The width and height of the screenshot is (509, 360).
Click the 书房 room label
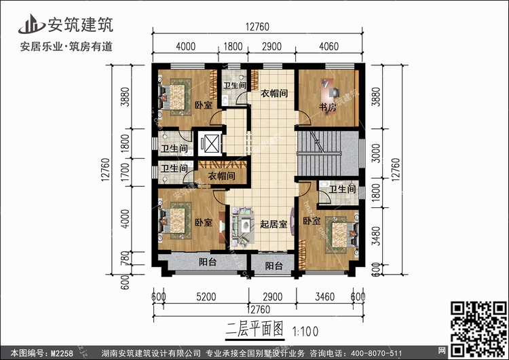pos(328,107)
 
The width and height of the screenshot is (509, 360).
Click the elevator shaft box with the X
pos(210,144)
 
